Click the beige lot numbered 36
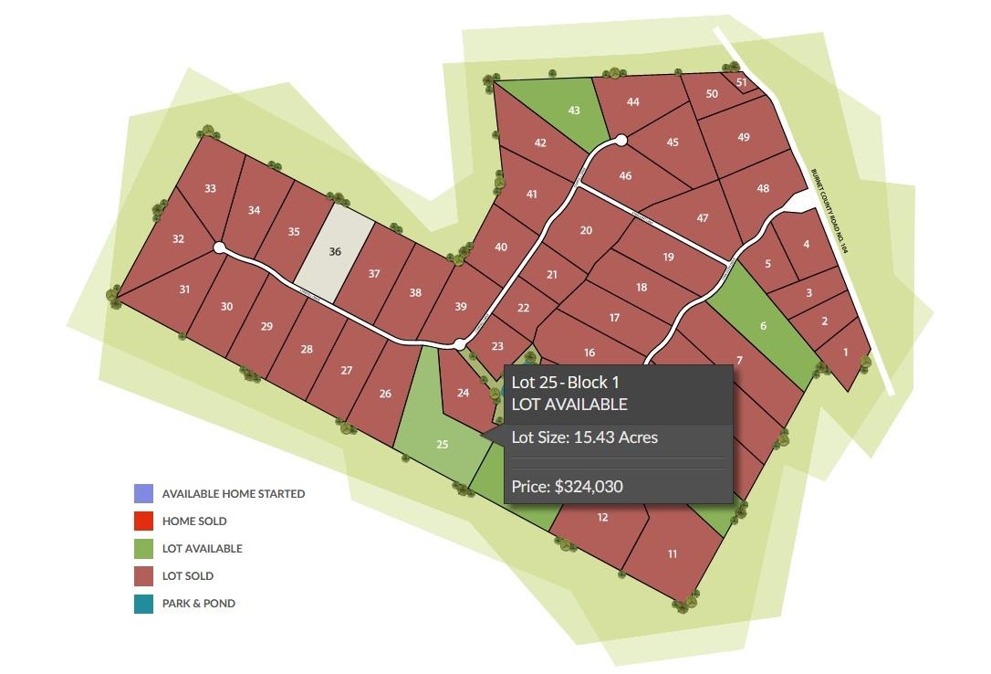point(335,252)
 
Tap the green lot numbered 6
point(763,327)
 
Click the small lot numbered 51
point(741,83)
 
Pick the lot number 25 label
point(443,445)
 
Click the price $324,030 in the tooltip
point(567,487)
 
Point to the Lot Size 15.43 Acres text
point(584,437)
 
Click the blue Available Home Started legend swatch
point(143,494)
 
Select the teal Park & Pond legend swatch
point(143,604)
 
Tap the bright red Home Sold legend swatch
point(143,521)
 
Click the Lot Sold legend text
point(188,576)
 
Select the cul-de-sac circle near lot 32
point(219,247)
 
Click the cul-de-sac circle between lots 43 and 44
point(621,140)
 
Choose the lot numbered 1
point(845,353)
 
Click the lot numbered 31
point(184,290)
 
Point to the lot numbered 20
point(586,230)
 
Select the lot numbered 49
point(744,138)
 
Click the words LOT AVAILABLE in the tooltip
point(569,405)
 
